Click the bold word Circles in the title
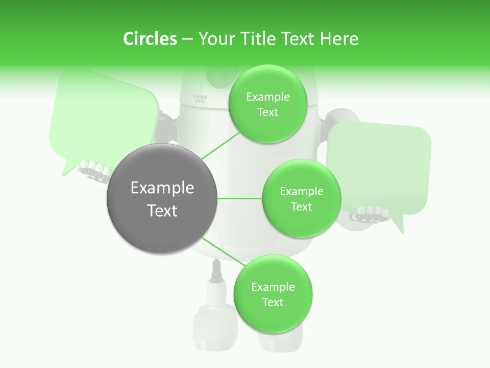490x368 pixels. click(150, 39)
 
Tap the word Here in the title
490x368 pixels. click(339, 39)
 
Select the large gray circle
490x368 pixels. click(162, 198)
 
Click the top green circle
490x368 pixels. click(267, 104)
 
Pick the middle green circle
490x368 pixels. click(302, 198)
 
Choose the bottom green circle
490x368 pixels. click(273, 294)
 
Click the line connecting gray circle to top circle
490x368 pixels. click(220, 146)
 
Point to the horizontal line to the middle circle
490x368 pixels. click(240, 198)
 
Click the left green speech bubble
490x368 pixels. click(102, 118)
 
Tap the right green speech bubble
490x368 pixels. click(380, 164)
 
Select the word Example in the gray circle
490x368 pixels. click(162, 188)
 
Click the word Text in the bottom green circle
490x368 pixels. click(273, 302)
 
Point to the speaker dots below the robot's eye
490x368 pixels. click(200, 98)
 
